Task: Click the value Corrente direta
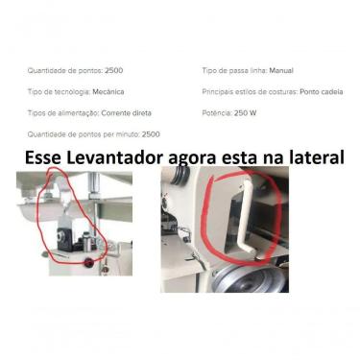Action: pos(130,112)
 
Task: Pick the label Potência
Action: pos(216,112)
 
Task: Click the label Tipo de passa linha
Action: pos(234,70)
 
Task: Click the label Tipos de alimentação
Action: pos(62,112)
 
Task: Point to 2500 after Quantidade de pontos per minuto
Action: pos(151,133)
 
